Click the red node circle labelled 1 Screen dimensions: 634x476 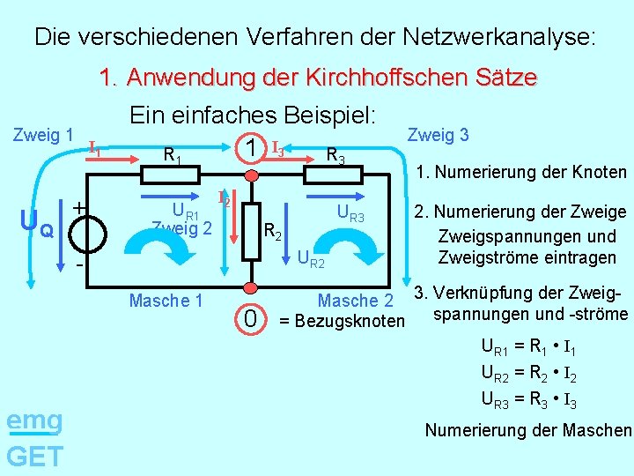(252, 175)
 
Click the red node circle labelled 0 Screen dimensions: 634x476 (252, 288)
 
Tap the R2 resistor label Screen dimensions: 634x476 (274, 233)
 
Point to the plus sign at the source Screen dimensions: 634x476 (78, 208)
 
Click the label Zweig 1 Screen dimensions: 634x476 (42, 135)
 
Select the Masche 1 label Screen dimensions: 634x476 (166, 301)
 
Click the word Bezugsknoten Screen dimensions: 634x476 (350, 320)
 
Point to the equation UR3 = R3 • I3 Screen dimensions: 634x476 (528, 403)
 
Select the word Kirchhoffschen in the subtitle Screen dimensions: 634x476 (382, 78)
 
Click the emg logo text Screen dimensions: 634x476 (34, 420)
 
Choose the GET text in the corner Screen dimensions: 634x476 (34, 457)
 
